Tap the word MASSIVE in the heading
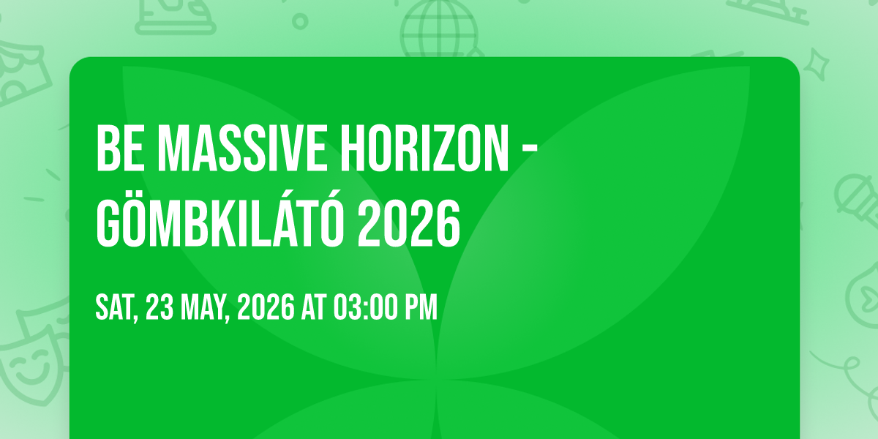[x=242, y=148]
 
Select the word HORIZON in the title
[x=424, y=148]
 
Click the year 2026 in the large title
[x=409, y=223]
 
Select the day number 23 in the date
[x=160, y=307]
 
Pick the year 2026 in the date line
[x=266, y=307]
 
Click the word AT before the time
[x=314, y=307]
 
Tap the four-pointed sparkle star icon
[x=816, y=64]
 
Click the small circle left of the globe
[x=300, y=21]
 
